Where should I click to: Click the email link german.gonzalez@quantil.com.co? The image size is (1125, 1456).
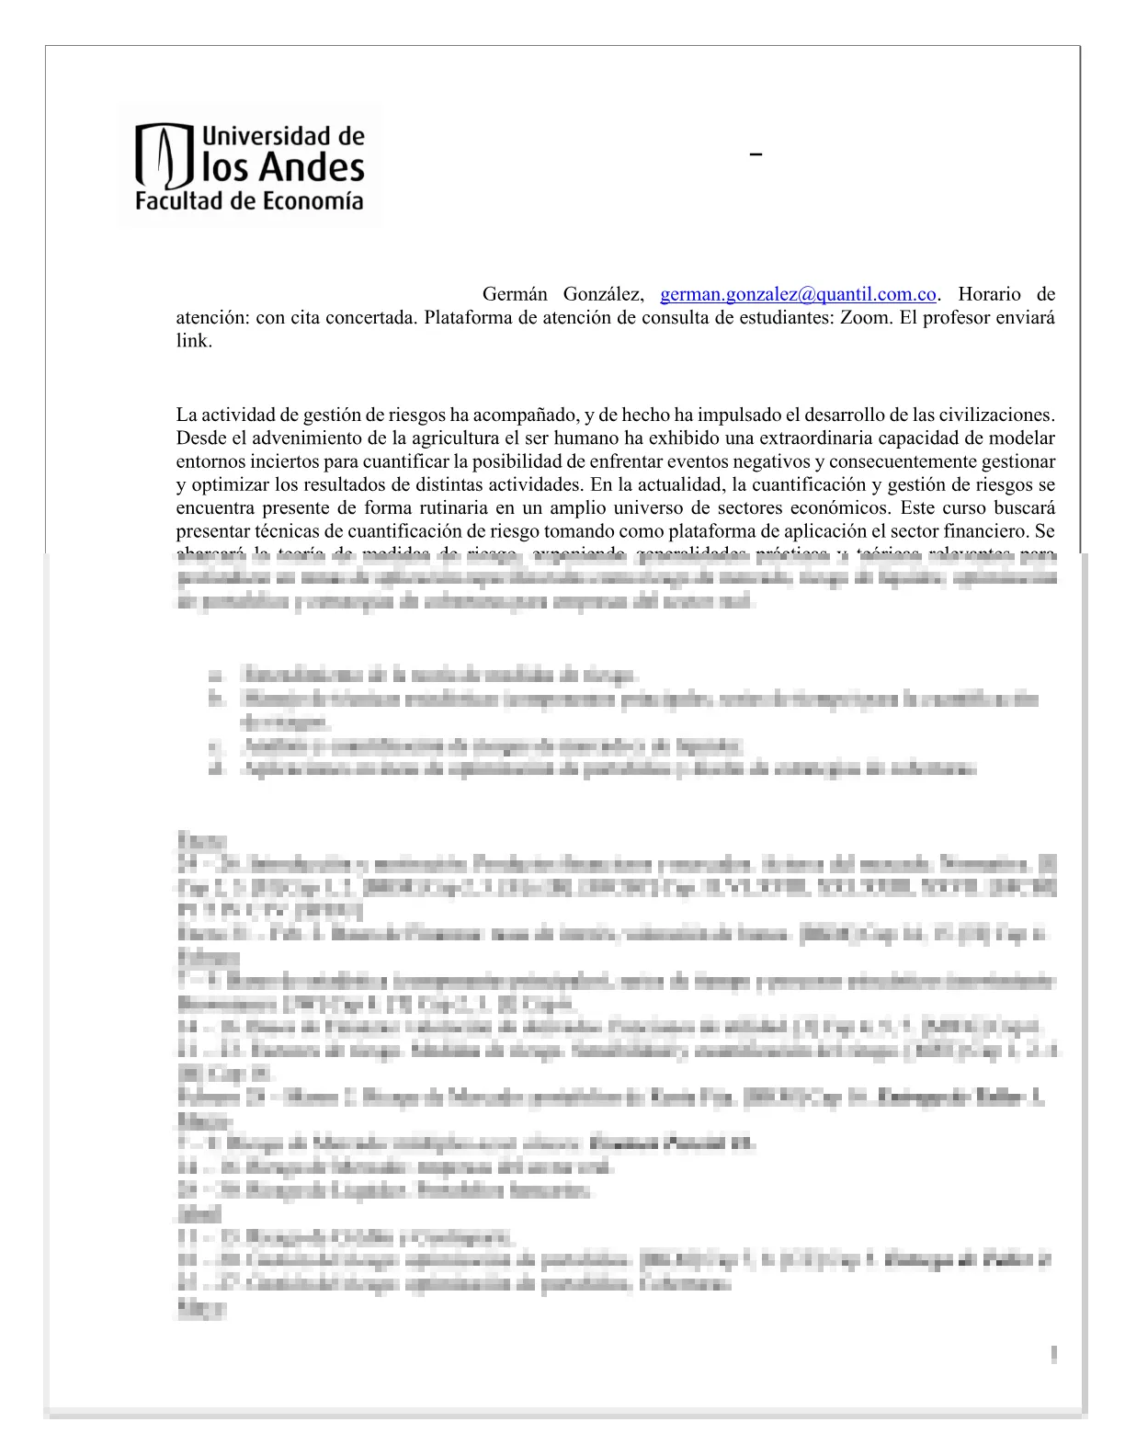point(798,294)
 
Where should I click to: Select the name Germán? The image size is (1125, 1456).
point(515,294)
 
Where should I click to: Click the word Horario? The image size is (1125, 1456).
point(989,294)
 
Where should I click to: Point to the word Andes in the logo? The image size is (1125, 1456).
point(312,167)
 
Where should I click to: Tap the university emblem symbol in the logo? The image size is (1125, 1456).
point(164,157)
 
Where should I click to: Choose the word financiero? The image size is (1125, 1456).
point(985,530)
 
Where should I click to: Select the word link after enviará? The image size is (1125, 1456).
point(194,340)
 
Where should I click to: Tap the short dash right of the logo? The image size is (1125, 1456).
point(756,155)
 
